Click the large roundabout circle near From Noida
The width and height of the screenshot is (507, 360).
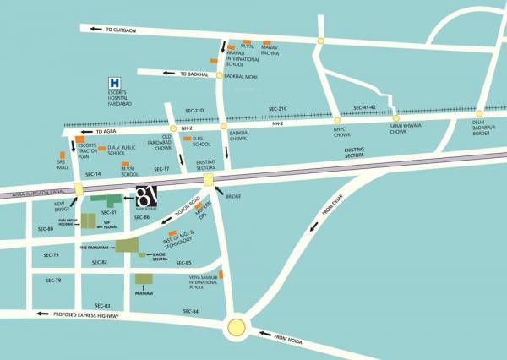point(237,328)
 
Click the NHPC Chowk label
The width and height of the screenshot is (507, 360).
point(340,133)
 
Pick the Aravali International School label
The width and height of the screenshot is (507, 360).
point(245,61)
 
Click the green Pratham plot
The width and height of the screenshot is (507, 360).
point(142,282)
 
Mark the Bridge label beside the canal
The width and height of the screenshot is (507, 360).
point(234,196)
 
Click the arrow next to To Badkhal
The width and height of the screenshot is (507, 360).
point(169,74)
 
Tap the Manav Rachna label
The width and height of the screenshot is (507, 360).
point(271,53)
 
